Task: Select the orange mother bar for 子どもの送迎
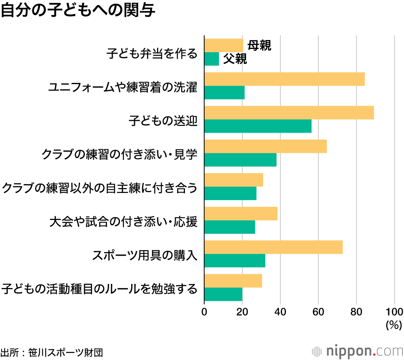(x=289, y=113)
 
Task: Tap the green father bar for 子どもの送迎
(x=258, y=126)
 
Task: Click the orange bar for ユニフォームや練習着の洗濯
(x=284, y=79)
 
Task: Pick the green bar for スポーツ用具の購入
(x=235, y=260)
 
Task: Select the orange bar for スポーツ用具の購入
(x=274, y=247)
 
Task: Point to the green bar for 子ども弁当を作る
(x=212, y=59)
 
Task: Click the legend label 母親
(x=259, y=45)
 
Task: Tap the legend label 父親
(x=235, y=59)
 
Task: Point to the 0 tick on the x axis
(x=204, y=311)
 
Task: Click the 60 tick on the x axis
(x=318, y=311)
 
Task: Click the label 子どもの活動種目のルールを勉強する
(x=100, y=288)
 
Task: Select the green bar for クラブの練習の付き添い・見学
(x=240, y=160)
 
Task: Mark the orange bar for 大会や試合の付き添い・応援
(x=241, y=214)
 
